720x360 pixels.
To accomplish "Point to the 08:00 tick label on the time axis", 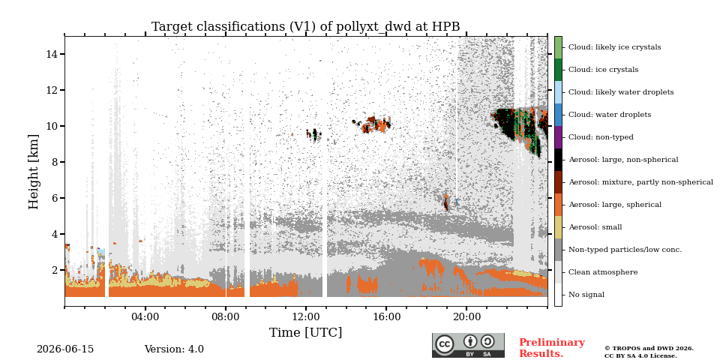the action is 226,316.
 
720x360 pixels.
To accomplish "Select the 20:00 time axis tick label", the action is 466,316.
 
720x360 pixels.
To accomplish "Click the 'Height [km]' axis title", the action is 34,172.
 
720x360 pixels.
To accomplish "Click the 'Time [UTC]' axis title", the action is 306,332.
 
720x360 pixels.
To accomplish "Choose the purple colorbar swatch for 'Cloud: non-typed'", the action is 558,136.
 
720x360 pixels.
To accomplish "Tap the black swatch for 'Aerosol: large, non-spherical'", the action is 558,159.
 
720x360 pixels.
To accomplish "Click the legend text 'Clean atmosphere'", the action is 603,271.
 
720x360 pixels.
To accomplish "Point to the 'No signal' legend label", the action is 586,294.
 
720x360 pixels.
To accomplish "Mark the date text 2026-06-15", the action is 65,349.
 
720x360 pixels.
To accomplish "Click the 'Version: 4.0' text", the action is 174,349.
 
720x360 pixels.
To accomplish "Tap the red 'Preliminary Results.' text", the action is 552,347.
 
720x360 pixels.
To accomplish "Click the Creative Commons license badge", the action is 468,345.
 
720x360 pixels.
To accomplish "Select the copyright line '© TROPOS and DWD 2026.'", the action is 649,349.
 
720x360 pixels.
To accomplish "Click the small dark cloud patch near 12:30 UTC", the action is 314,134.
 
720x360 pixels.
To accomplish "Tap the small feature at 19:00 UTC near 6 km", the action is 445,202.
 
